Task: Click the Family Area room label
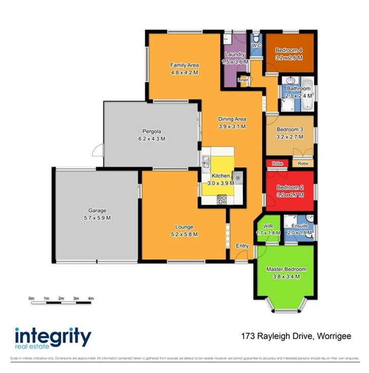click(x=184, y=65)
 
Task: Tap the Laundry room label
click(x=235, y=55)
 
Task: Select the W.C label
click(x=256, y=46)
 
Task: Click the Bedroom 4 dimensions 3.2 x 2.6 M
click(x=289, y=58)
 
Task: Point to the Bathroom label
click(x=298, y=89)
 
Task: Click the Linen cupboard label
click(x=243, y=80)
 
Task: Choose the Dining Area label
click(x=232, y=119)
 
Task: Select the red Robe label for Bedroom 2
click(x=277, y=163)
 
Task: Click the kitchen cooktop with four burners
click(x=222, y=199)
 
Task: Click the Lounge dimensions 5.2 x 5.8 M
click(x=184, y=234)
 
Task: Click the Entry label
click(x=242, y=246)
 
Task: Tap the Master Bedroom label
click(x=286, y=269)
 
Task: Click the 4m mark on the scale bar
click(x=91, y=299)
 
